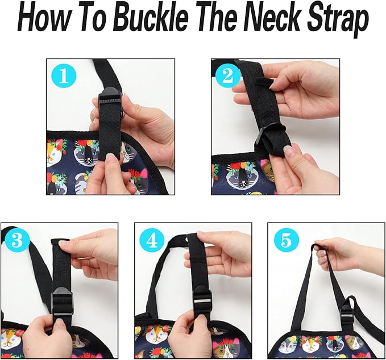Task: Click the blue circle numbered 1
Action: point(64,76)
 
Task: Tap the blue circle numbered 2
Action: point(227,76)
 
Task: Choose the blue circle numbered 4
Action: point(152,241)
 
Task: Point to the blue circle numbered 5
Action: point(287,241)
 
